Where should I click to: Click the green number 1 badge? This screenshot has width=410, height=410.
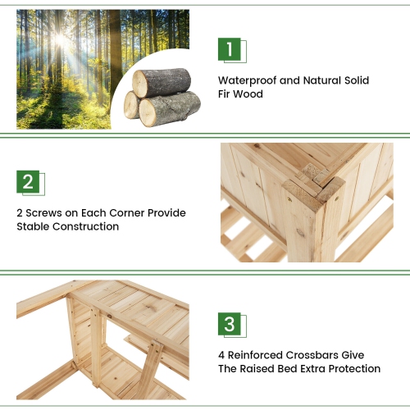230,49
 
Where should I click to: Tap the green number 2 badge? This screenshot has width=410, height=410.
29,181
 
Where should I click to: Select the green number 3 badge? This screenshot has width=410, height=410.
230,323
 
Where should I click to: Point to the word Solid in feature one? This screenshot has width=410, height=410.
357,81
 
